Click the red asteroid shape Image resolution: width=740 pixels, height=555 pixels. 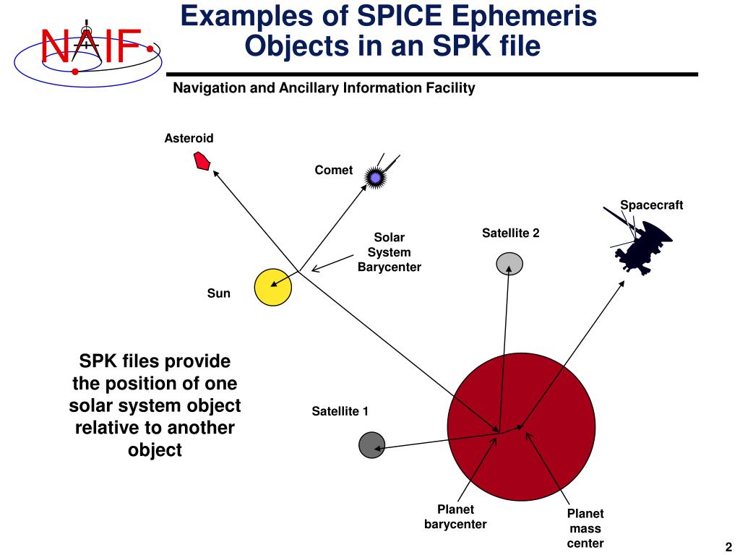click(202, 161)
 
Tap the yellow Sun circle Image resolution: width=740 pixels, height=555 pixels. click(273, 287)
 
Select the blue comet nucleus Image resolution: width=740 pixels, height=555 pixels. click(375, 176)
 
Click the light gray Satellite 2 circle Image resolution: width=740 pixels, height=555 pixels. click(509, 264)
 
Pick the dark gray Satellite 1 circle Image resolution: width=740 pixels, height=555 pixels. click(371, 444)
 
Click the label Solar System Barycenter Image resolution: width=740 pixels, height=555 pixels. click(389, 252)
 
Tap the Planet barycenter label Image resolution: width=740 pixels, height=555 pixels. click(455, 517)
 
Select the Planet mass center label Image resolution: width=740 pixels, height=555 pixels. click(585, 528)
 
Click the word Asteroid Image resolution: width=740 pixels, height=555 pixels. click(189, 138)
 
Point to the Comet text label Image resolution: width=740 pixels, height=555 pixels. click(333, 171)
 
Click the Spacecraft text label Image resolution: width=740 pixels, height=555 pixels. click(651, 205)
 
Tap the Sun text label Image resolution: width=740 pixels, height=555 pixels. click(218, 293)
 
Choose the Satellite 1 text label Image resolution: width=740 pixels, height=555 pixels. click(340, 412)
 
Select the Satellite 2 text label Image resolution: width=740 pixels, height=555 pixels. click(510, 233)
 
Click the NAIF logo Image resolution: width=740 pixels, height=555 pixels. click(85, 46)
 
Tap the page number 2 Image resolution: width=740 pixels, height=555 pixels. click(728, 546)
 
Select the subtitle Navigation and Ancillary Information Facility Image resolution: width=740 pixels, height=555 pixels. click(324, 88)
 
